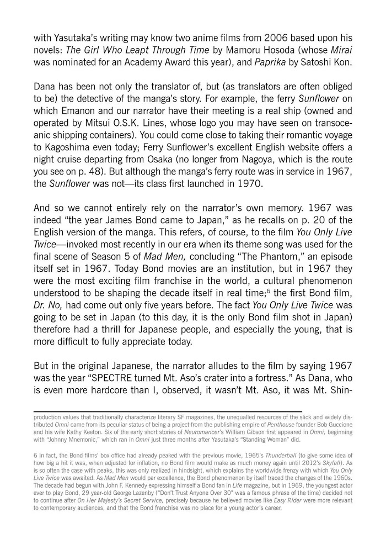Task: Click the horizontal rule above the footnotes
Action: [x=168, y=411]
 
